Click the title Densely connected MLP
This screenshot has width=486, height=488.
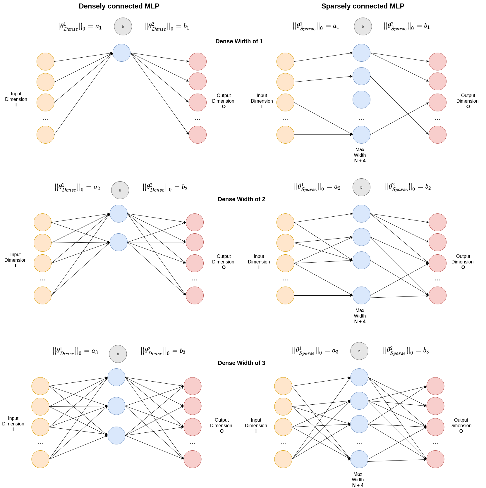[119, 6]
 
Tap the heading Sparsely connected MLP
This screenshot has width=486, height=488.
[363, 6]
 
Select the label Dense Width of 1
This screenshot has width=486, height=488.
[239, 41]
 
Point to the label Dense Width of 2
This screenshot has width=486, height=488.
[241, 199]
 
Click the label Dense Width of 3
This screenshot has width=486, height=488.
[241, 363]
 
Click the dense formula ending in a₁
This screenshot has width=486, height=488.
[79, 27]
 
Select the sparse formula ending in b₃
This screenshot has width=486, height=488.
[406, 351]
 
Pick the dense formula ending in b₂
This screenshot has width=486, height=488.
[165, 187]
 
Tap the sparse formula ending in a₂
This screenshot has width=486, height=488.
[317, 187]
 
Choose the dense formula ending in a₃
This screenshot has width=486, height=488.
[75, 351]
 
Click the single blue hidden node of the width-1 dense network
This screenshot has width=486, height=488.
[121, 53]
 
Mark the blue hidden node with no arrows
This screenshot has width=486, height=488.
[361, 100]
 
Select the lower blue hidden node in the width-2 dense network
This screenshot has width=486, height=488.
[119, 242]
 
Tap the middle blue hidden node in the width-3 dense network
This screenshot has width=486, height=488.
[116, 406]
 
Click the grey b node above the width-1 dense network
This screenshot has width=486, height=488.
[123, 27]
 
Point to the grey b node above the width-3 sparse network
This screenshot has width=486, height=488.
[359, 351]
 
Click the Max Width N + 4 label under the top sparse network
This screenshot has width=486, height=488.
[360, 155]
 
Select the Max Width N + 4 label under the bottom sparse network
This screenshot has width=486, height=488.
[358, 480]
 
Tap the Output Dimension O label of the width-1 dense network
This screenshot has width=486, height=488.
[223, 101]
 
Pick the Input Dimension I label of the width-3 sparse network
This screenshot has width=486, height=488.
[256, 425]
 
